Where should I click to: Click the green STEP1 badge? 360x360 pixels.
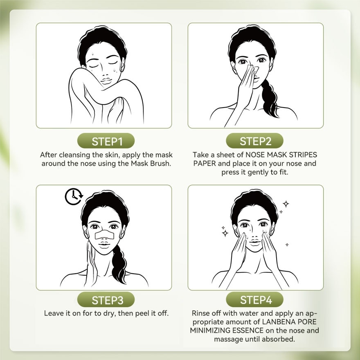(x=107, y=142)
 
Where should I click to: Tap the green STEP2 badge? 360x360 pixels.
(x=255, y=142)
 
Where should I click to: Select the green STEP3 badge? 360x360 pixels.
(x=107, y=300)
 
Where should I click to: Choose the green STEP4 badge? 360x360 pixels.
(x=255, y=300)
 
